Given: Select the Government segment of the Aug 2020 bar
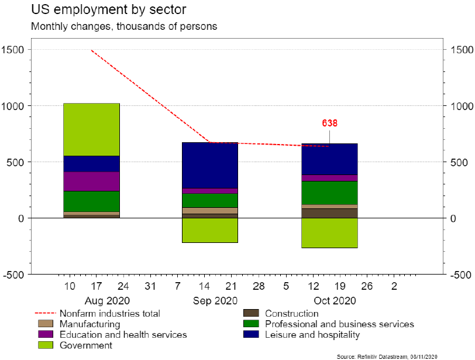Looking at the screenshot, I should [91, 129].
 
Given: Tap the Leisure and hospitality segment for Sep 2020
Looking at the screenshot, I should [210, 165].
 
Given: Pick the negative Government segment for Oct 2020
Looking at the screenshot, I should [329, 232].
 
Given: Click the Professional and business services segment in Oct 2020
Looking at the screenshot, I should [329, 193].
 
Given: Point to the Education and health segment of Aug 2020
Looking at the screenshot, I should [91, 181].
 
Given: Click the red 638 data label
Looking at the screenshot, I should [330, 124].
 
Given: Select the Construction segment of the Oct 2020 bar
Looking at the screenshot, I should [329, 213].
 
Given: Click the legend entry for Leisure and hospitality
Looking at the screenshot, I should [312, 335].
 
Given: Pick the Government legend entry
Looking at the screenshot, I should [85, 345].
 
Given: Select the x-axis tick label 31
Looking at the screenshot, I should [150, 286].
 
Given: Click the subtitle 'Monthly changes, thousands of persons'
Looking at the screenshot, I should [116, 26].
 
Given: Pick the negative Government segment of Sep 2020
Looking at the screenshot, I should [210, 230].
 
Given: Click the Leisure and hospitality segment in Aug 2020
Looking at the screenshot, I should [91, 164].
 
